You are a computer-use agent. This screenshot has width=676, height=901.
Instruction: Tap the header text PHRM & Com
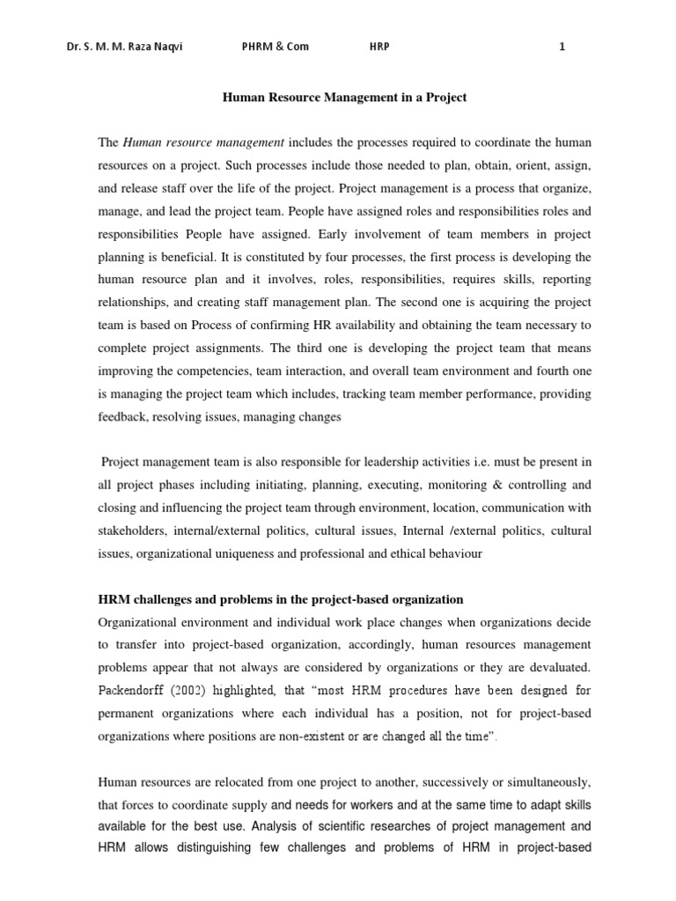[276, 48]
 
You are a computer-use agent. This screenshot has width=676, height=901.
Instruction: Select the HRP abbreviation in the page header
[378, 48]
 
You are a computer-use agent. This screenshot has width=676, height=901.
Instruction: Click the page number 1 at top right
[562, 48]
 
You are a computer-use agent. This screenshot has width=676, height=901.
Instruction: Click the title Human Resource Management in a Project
[343, 98]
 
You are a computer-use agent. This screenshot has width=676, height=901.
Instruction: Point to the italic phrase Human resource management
[203, 143]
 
